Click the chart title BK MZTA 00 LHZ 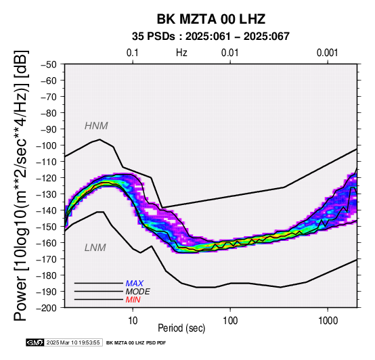coord(211,19)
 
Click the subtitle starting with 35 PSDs coord(211,37)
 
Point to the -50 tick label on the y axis coord(49,64)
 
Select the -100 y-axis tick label coord(47,145)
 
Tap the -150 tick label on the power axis coord(47,227)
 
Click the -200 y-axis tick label coord(47,308)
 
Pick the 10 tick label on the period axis coord(133,321)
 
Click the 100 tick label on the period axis coord(230,321)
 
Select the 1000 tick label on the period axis coord(328,321)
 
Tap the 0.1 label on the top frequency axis coord(133,53)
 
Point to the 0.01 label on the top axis coord(230,53)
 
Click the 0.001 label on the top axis coord(327,53)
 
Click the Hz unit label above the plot coord(181,53)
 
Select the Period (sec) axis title coord(181,328)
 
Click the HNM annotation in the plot coord(96,126)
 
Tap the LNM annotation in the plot coord(95,248)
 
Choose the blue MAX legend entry coord(135,284)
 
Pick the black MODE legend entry coord(138,292)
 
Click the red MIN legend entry coord(133,300)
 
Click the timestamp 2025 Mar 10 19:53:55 coord(73,342)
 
